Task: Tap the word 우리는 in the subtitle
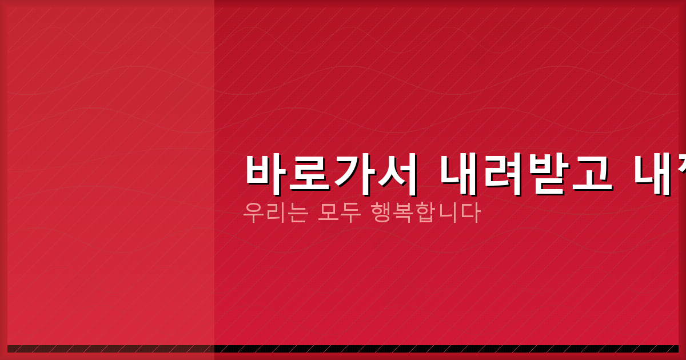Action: coord(276,213)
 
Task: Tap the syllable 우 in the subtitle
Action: coord(253,213)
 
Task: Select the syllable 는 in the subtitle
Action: coord(298,213)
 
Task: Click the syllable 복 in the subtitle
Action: coord(404,213)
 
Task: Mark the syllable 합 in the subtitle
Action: coord(426,213)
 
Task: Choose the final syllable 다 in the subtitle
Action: coord(470,213)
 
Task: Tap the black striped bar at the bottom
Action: coord(343,349)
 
